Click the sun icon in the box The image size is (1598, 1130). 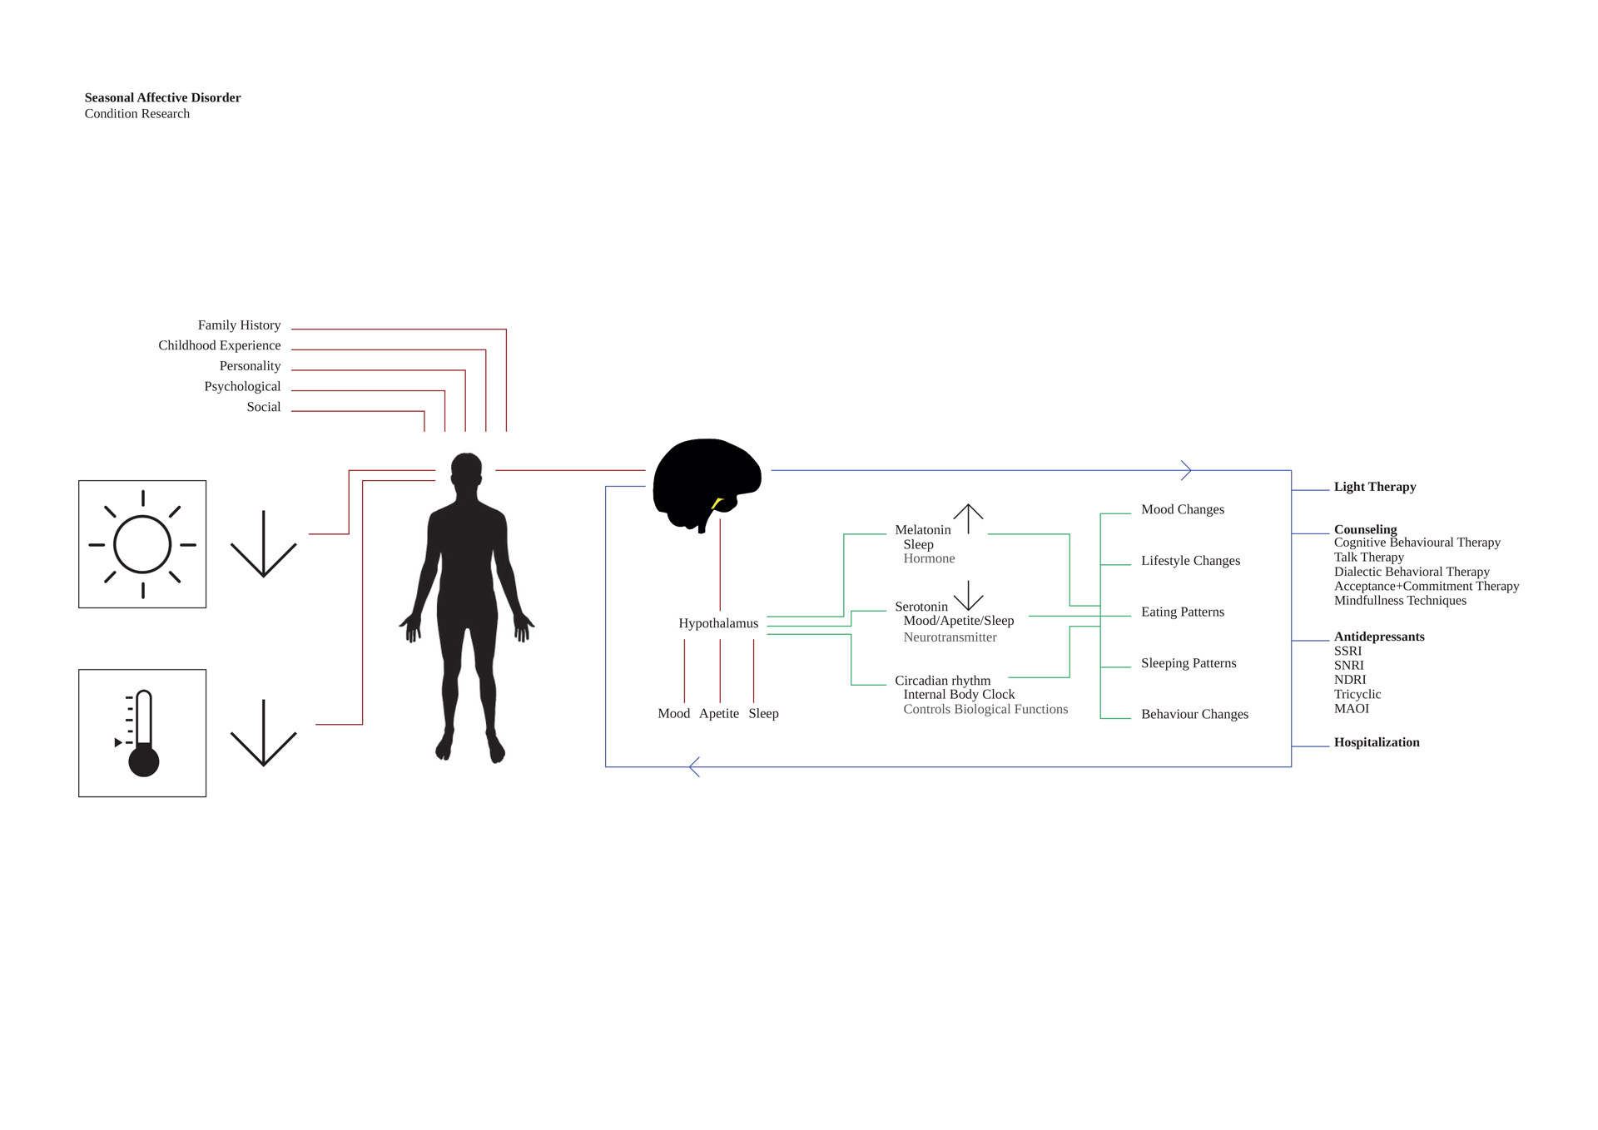point(142,544)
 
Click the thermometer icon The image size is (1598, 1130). point(139,733)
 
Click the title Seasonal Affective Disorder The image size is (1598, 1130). point(162,97)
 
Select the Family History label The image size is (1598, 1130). point(239,325)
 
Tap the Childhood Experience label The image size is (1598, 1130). point(220,345)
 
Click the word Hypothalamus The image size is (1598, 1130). point(718,623)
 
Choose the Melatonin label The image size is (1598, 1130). point(923,530)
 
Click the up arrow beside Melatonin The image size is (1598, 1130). point(968,519)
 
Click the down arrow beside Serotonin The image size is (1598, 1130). point(968,596)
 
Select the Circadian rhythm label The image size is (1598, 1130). point(943,681)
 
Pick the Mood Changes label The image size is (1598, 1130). point(1183,509)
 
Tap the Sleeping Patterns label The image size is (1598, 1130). point(1189,663)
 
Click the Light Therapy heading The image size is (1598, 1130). point(1375,487)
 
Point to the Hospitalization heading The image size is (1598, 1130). point(1377,742)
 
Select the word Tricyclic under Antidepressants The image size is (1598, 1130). point(1357,694)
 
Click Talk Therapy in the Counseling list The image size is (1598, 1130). point(1369,558)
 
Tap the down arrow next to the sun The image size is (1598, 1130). point(263,543)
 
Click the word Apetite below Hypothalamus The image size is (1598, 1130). point(719,714)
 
